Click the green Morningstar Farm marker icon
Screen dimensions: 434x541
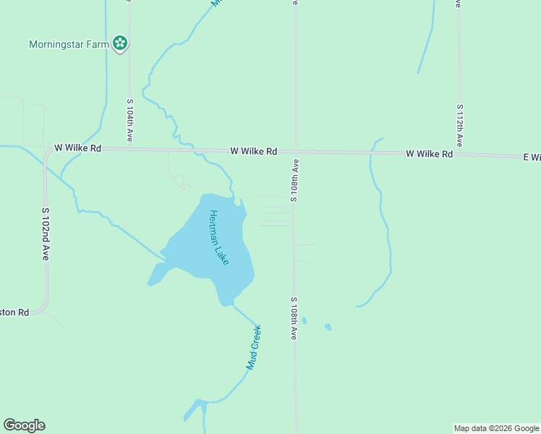[x=120, y=44]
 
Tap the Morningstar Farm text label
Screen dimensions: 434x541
[x=69, y=44]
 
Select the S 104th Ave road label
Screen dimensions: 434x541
[x=130, y=120]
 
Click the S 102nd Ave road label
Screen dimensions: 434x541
[x=45, y=234]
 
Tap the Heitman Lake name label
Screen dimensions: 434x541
[x=218, y=237]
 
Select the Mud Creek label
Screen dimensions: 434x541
[x=253, y=348]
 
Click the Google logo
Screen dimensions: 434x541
[x=24, y=425]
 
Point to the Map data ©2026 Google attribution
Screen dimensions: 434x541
[x=497, y=428]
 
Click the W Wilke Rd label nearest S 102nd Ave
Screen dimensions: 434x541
[x=78, y=148]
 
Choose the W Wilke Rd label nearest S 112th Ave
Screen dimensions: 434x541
[x=429, y=154]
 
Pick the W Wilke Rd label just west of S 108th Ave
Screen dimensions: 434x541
[x=254, y=151]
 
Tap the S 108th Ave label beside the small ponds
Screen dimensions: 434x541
[x=294, y=318]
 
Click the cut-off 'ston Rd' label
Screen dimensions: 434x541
[x=14, y=312]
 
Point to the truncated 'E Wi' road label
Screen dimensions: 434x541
[x=532, y=157]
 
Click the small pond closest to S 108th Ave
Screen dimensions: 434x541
[x=304, y=320]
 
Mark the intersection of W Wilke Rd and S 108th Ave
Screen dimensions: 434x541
[x=295, y=152]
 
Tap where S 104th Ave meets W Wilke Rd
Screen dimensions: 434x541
[x=130, y=149]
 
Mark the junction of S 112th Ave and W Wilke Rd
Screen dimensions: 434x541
[x=459, y=154]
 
